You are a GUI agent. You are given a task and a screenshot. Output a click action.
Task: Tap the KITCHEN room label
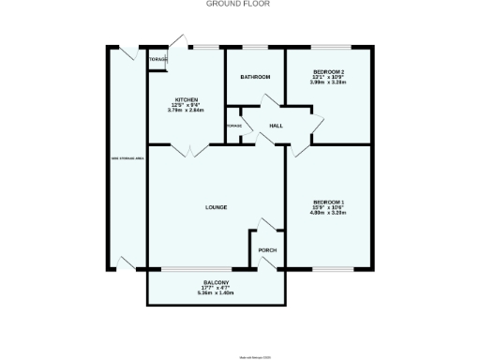pyautogui.click(x=185, y=100)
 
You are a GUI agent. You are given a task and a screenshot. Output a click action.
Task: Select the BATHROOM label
pyautogui.click(x=255, y=76)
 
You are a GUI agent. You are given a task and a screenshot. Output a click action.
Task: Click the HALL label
pyautogui.click(x=277, y=126)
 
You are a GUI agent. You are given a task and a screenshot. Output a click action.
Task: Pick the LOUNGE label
pyautogui.click(x=217, y=207)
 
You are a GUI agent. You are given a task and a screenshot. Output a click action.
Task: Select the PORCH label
pyautogui.click(x=267, y=250)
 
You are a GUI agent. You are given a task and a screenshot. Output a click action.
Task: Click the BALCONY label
pyautogui.click(x=216, y=283)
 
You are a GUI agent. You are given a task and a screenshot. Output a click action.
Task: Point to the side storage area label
pyautogui.click(x=126, y=159)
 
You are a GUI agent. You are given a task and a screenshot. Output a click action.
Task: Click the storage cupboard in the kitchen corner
pyautogui.click(x=158, y=61)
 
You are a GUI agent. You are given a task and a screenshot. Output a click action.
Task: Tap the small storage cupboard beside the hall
pyautogui.click(x=233, y=127)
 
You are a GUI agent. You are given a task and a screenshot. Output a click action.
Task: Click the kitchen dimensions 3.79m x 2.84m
pyautogui.click(x=185, y=111)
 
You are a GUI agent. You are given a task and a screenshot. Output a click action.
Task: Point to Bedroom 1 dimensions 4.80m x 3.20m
pyautogui.click(x=328, y=213)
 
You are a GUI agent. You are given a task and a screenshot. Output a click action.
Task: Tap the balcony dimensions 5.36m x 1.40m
pyautogui.click(x=216, y=293)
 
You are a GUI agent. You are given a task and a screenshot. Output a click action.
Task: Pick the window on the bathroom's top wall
pyautogui.click(x=255, y=46)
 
